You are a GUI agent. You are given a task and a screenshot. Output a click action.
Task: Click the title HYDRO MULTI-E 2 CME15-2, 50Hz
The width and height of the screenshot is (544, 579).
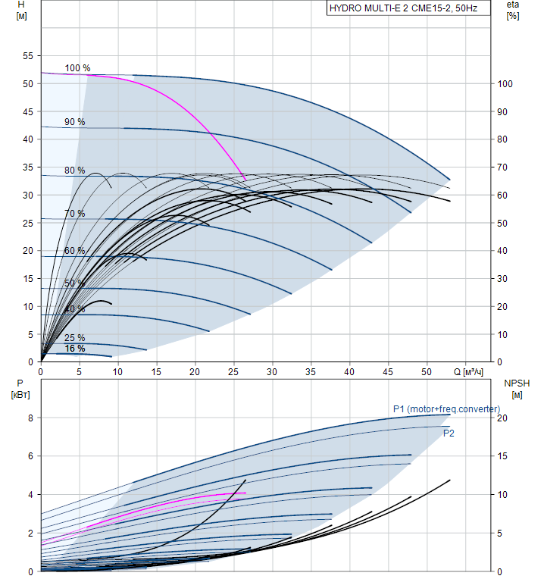tap(398, 9)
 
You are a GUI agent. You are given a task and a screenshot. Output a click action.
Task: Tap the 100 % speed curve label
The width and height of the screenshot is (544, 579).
tap(77, 68)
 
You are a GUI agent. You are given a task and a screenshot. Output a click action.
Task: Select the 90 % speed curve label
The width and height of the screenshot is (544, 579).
tap(74, 122)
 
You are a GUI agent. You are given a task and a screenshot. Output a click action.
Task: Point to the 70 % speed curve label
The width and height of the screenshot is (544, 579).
tap(74, 214)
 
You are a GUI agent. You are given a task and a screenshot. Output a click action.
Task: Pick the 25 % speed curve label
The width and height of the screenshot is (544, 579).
tap(74, 338)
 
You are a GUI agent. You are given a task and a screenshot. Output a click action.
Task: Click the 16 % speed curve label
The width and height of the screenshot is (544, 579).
tap(74, 349)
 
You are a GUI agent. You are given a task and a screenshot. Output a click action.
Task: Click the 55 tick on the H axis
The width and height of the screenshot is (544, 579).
tap(28, 56)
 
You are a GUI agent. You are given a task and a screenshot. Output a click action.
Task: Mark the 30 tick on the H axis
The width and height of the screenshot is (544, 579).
tap(28, 195)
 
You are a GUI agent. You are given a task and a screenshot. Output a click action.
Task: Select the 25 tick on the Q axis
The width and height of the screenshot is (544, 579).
tap(233, 372)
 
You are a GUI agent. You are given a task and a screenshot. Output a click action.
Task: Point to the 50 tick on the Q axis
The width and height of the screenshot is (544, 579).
tap(427, 372)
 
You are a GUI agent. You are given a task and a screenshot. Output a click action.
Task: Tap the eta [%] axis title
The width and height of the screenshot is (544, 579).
tap(513, 10)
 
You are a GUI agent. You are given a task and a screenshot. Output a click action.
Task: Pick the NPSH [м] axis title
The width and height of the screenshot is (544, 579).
tap(517, 389)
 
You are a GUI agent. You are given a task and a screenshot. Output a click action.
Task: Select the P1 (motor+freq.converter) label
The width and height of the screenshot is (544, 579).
tap(446, 409)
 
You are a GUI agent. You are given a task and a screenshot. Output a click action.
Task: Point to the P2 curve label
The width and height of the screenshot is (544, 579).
tap(449, 433)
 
